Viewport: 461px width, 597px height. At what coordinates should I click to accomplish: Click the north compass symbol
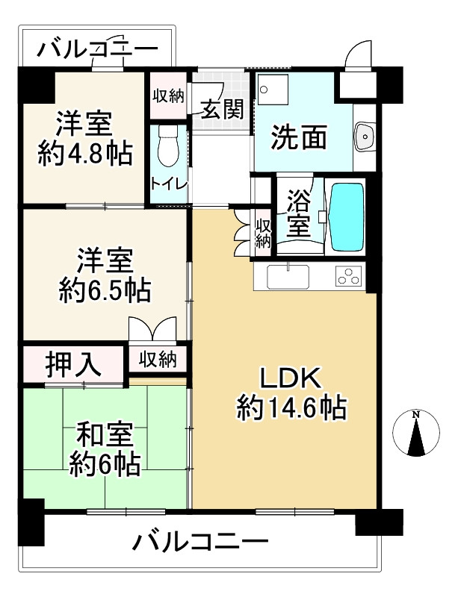[417, 433]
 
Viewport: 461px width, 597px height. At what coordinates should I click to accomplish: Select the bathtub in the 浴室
[346, 217]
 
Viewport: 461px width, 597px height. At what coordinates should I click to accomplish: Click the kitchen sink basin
[288, 276]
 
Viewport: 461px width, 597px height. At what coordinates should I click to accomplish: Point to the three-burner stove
[348, 277]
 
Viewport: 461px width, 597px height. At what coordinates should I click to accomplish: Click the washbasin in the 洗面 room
[365, 136]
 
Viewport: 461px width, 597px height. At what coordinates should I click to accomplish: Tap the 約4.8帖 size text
[84, 153]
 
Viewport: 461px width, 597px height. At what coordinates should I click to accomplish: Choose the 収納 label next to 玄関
[168, 96]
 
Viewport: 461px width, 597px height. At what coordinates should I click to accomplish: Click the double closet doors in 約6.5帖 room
[152, 329]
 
